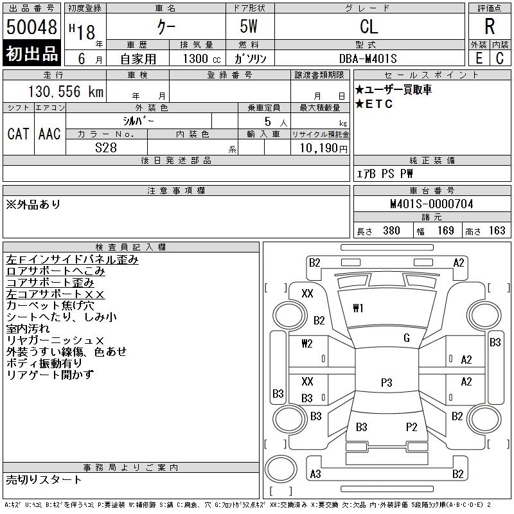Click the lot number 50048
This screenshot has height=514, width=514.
coord(32,28)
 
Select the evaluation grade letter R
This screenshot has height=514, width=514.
coord(490,26)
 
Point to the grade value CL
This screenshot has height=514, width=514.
coord(369,26)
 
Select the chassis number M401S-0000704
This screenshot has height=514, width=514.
coord(432,204)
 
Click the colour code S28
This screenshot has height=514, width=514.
coord(106,147)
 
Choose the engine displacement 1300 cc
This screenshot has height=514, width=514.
coord(197,58)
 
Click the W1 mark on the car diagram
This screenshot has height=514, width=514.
coord(358,308)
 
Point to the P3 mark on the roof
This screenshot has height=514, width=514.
coord(386,383)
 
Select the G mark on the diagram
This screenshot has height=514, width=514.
coord(407,338)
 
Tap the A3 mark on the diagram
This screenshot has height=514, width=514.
coord(315,474)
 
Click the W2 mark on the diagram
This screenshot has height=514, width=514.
coord(307,343)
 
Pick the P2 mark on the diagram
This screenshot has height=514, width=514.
coord(412,427)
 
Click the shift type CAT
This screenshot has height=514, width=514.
coord(18,134)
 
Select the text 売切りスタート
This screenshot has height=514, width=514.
coord(44,479)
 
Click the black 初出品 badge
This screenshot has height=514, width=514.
coord(32,54)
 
